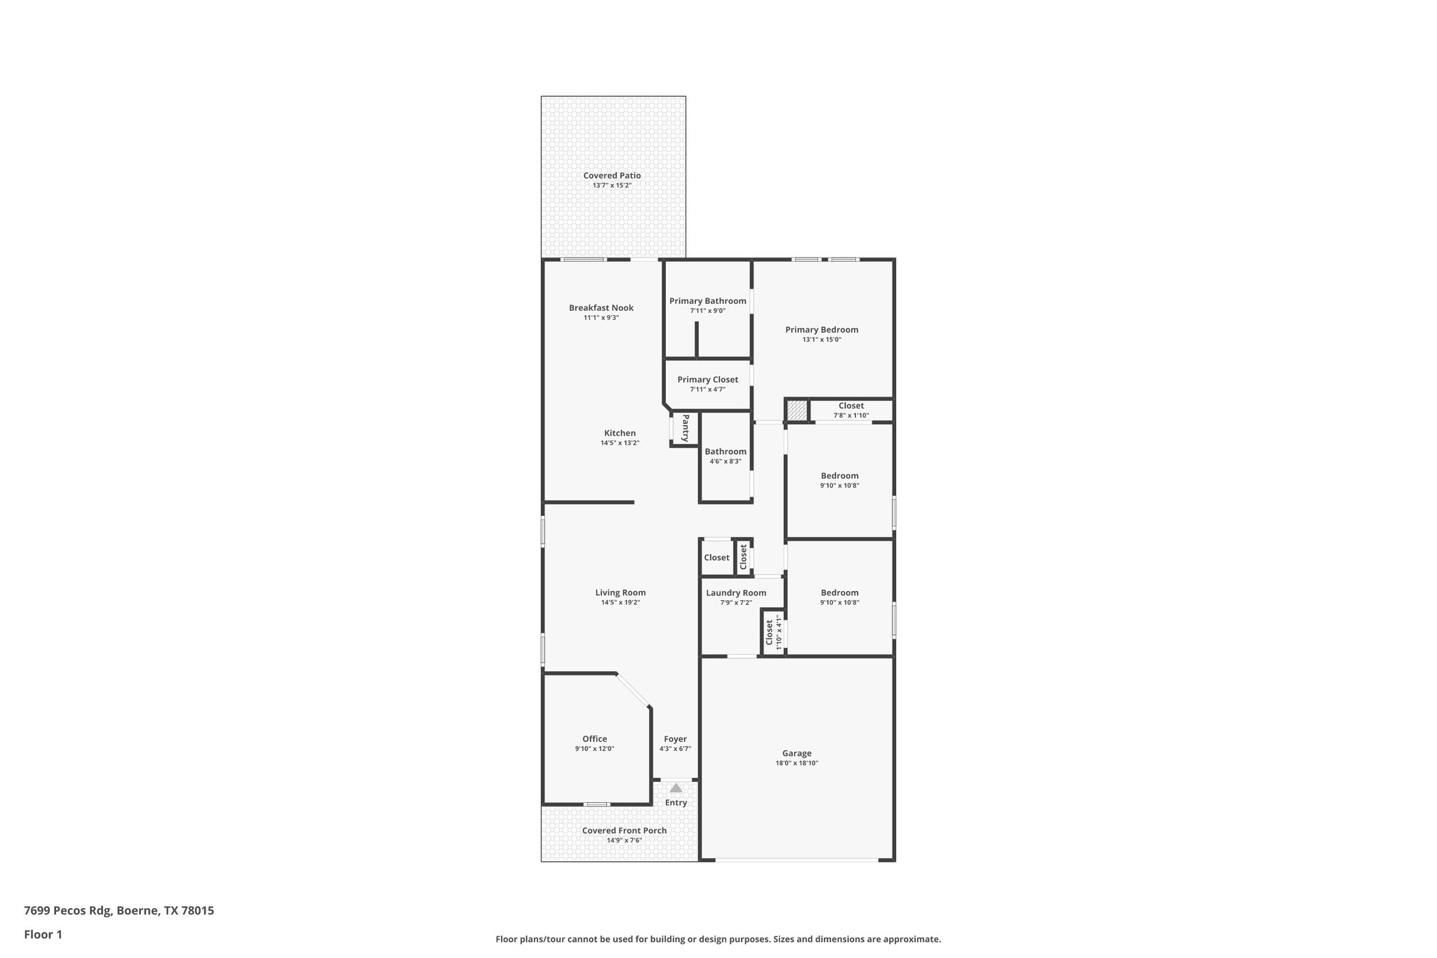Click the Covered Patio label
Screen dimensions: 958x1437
pyautogui.click(x=612, y=175)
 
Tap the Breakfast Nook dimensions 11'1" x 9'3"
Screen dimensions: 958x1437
pyautogui.click(x=601, y=318)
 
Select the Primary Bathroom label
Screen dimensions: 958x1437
pyautogui.click(x=707, y=301)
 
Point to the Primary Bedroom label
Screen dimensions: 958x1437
pyautogui.click(x=822, y=330)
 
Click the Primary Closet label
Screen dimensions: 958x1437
pyautogui.click(x=707, y=380)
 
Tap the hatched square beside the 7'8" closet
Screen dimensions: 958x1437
pyautogui.click(x=796, y=410)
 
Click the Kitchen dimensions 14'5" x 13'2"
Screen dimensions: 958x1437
pyautogui.click(x=620, y=443)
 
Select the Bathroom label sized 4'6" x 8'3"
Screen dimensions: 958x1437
pyautogui.click(x=726, y=452)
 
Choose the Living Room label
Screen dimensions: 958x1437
pyautogui.click(x=620, y=592)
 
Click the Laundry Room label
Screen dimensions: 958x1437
pyautogui.click(x=736, y=593)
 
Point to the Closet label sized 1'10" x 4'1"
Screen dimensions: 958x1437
pyautogui.click(x=769, y=632)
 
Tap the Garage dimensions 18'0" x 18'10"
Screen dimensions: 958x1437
pyautogui.click(x=797, y=763)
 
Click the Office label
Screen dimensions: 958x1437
pyautogui.click(x=594, y=739)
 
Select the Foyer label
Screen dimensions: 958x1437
pyautogui.click(x=675, y=739)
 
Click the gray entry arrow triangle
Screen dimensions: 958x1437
pyautogui.click(x=676, y=788)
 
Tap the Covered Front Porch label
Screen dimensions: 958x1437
pyautogui.click(x=624, y=830)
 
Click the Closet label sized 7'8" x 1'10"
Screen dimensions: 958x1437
pyautogui.click(x=851, y=406)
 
